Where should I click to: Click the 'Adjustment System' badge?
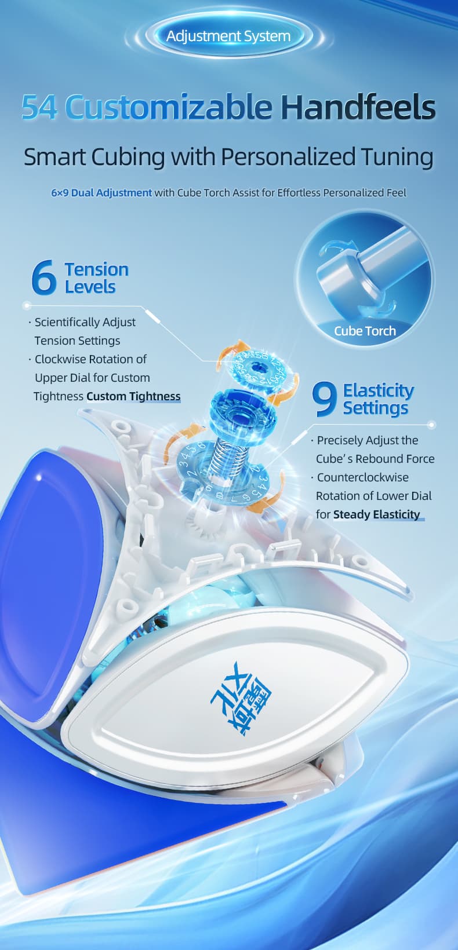(228, 36)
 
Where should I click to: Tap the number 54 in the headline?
(39, 107)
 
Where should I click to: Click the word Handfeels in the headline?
(358, 107)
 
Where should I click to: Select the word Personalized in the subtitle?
(288, 158)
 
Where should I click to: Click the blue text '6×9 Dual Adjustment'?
(101, 192)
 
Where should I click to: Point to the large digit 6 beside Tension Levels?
(43, 277)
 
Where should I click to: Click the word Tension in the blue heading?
(96, 269)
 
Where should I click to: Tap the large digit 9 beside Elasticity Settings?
(325, 399)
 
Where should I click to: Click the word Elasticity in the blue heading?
(378, 390)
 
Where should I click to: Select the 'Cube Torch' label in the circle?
(365, 331)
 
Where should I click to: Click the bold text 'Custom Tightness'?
(133, 396)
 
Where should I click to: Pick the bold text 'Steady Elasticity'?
(376, 514)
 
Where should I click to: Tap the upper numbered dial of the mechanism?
(257, 368)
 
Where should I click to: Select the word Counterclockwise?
(362, 477)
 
